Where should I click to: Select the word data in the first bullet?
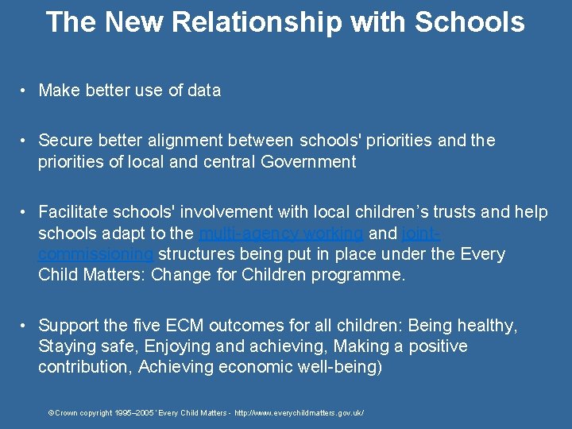pos(204,91)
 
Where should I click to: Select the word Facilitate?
pos(75,212)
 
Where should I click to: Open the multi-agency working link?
pos(281,234)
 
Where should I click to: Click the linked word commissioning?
pos(96,254)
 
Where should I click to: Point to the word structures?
pos(197,254)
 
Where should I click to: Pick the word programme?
pos(361,276)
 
